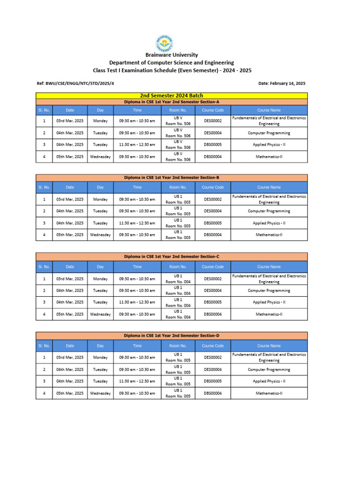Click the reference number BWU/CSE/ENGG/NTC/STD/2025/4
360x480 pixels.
[x=75, y=83]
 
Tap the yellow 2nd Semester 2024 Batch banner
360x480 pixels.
[x=172, y=96]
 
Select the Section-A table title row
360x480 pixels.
[x=172, y=102]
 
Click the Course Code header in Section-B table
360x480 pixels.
[x=213, y=187]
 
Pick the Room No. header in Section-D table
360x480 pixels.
[x=178, y=345]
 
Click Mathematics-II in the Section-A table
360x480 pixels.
[x=269, y=157]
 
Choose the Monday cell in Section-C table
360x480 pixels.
[x=100, y=279]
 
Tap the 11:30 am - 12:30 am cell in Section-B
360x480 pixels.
[x=137, y=223]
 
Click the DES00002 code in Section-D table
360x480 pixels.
[x=213, y=358]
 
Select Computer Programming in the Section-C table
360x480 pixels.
[x=269, y=291]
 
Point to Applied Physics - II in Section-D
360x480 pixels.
[x=269, y=381]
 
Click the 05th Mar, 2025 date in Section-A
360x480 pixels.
[x=70, y=157]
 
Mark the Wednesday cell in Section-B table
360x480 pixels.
[x=100, y=235]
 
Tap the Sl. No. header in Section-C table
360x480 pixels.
[x=44, y=267]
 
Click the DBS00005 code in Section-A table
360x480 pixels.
[x=213, y=145]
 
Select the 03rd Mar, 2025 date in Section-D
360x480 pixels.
[x=70, y=358]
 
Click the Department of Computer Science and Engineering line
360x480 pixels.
[x=172, y=63]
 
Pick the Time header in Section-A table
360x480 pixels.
[x=137, y=110]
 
